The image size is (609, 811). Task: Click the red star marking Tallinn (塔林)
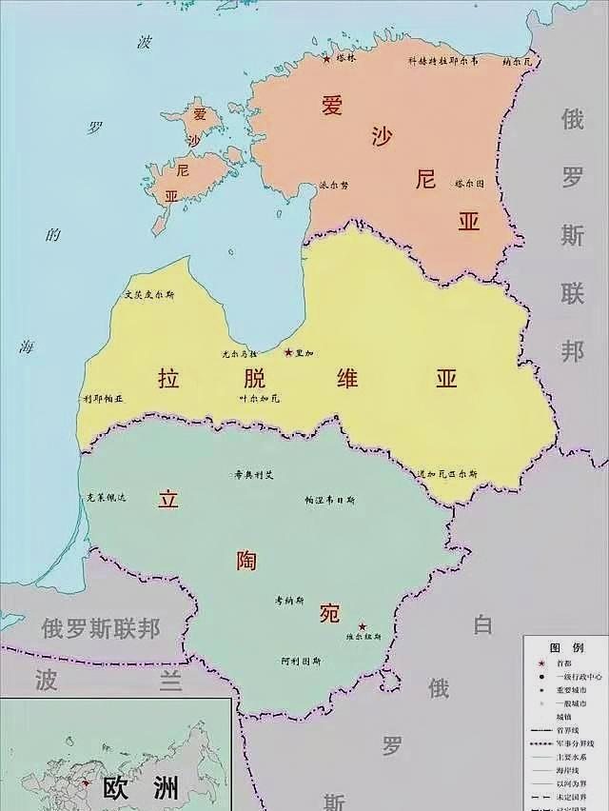326,59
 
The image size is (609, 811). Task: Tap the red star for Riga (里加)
288,352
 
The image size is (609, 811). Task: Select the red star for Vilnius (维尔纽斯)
362,627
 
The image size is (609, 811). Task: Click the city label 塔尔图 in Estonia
469,183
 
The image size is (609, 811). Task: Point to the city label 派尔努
333,185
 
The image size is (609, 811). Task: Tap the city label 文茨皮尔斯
149,295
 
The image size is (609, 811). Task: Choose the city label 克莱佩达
106,498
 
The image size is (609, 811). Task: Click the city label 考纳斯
289,601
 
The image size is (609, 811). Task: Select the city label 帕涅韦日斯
329,499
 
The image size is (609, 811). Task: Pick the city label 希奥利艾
254,474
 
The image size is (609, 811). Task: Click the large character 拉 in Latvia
168,379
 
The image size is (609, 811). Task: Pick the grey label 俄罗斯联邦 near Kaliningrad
101,628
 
